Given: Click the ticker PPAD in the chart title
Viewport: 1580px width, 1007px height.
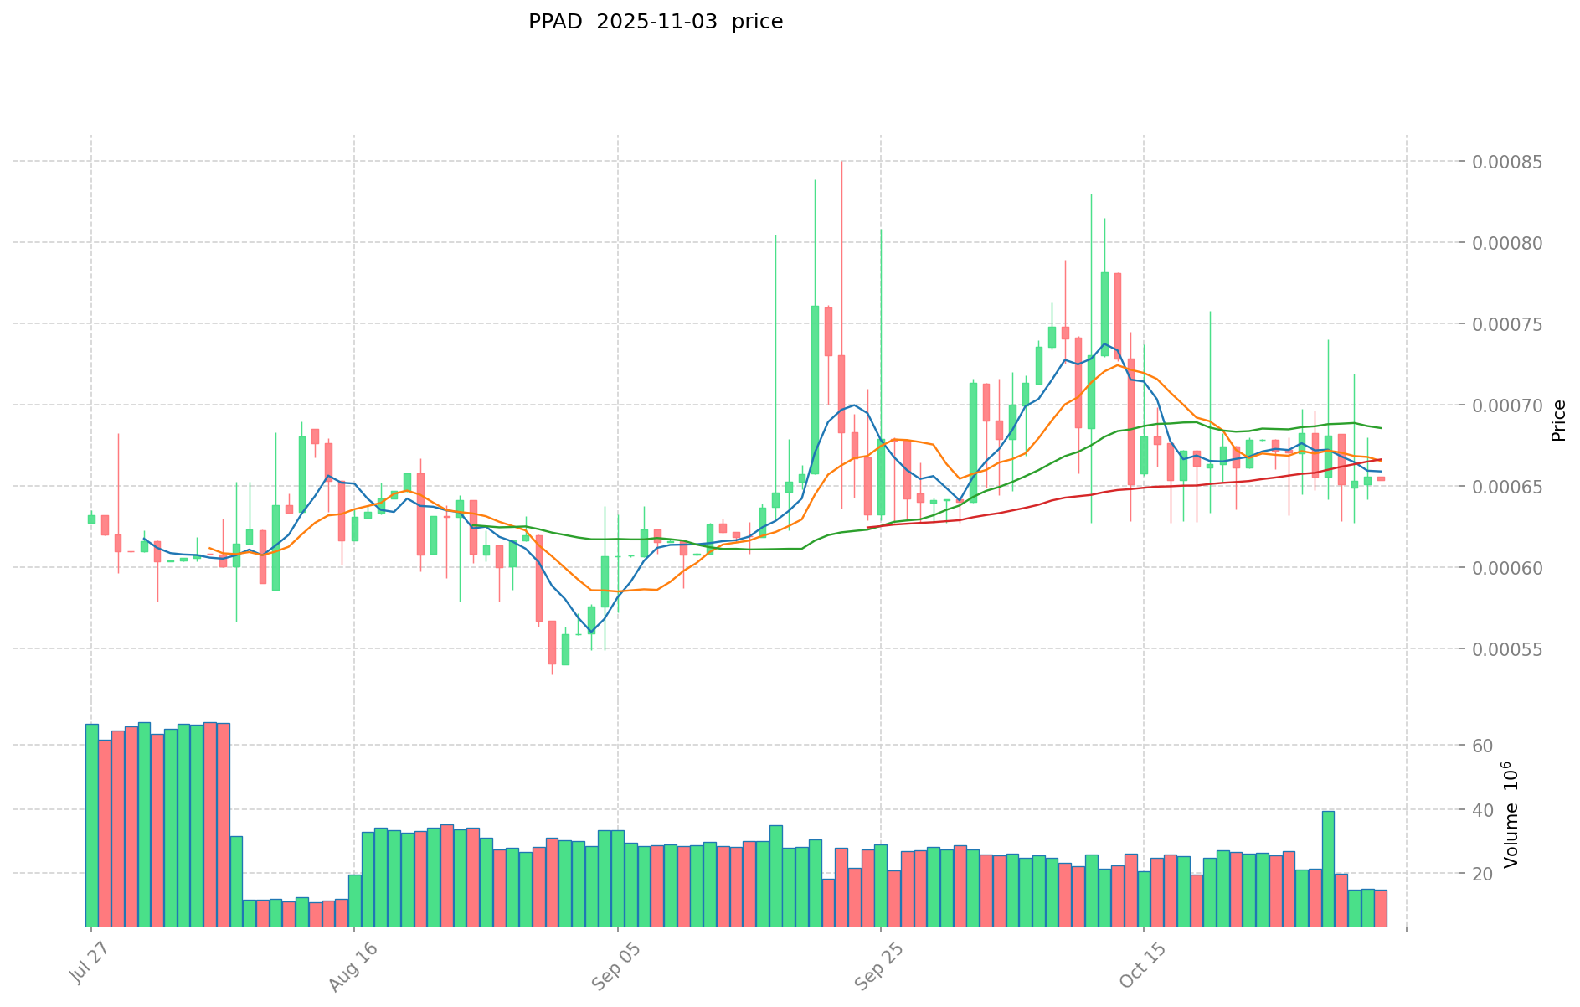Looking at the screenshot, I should [554, 22].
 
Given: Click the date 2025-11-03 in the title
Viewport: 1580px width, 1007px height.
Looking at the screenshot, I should [656, 22].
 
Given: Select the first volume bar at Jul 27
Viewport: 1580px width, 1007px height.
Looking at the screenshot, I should [91, 825].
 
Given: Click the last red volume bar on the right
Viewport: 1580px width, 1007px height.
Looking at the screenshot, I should [1381, 908].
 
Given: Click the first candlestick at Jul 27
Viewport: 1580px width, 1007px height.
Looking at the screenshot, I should [91, 519].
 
